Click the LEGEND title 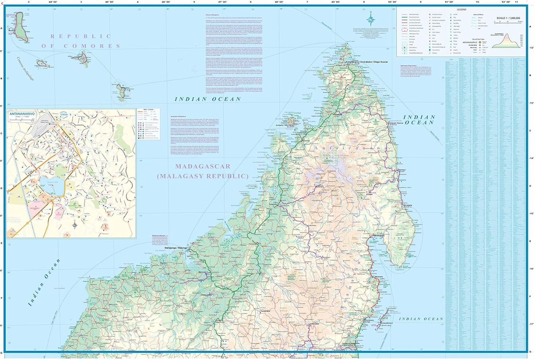coord(461,10)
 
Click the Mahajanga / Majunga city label coord(175,248)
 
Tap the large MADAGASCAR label coord(203,166)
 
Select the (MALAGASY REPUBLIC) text coord(203,176)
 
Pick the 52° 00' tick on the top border coord(505,2)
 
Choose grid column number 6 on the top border coord(250,2)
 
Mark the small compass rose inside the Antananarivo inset coord(75,225)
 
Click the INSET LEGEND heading coord(143,110)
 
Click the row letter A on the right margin coord(530,27)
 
